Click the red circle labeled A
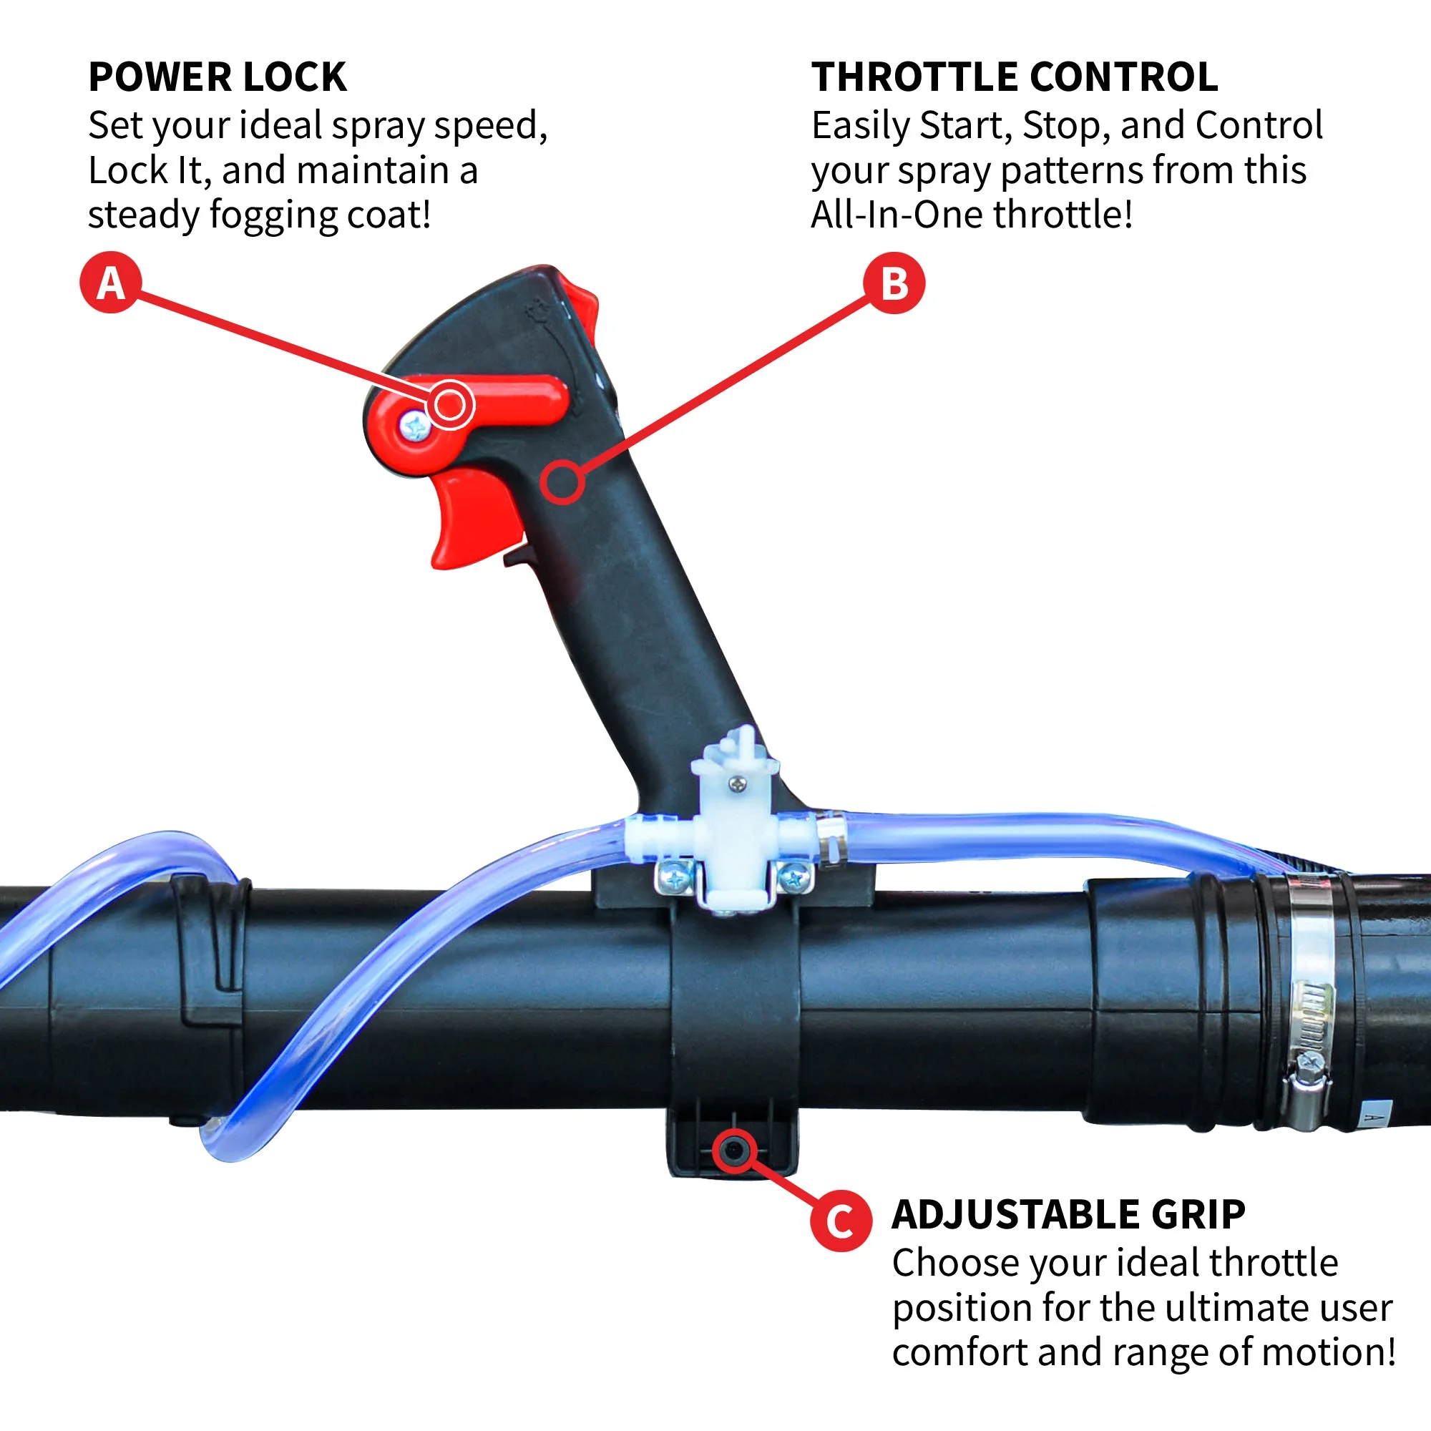point(110,282)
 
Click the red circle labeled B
point(894,283)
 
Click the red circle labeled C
point(840,1220)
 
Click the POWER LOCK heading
point(217,77)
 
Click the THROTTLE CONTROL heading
point(1014,77)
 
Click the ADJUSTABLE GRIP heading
point(1068,1214)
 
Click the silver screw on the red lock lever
point(415,426)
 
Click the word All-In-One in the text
point(897,215)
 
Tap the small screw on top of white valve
point(737,783)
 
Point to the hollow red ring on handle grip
point(562,482)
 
